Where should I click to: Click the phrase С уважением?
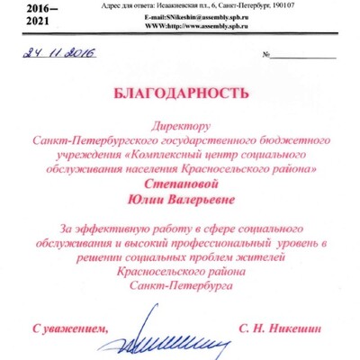(68, 329)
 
